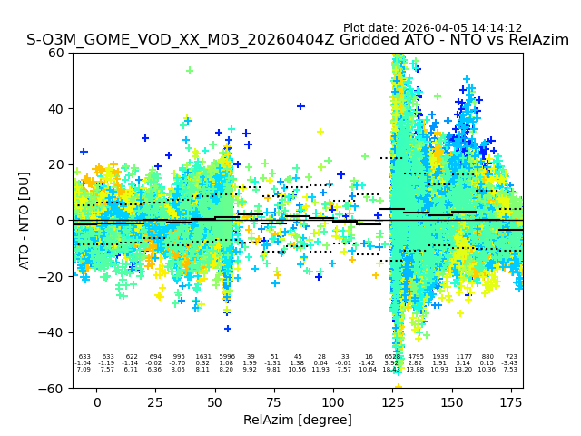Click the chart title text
click(x=298, y=40)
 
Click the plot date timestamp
click(x=432, y=28)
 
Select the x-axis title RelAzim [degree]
click(x=298, y=420)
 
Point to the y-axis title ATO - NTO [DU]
click(x=25, y=221)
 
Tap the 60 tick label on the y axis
click(x=55, y=53)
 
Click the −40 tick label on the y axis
click(x=52, y=332)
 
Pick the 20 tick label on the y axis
click(x=55, y=164)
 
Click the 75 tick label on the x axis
click(x=274, y=401)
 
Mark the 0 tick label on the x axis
click(x=97, y=401)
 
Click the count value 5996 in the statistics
click(x=226, y=357)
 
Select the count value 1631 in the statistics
click(x=202, y=357)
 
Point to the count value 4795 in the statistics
click(x=416, y=357)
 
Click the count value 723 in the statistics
click(x=510, y=357)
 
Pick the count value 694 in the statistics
click(x=155, y=357)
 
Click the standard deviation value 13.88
click(x=416, y=370)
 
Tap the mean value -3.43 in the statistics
click(x=510, y=363)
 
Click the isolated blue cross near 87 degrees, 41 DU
click(x=300, y=106)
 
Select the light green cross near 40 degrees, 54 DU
click(x=190, y=70)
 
